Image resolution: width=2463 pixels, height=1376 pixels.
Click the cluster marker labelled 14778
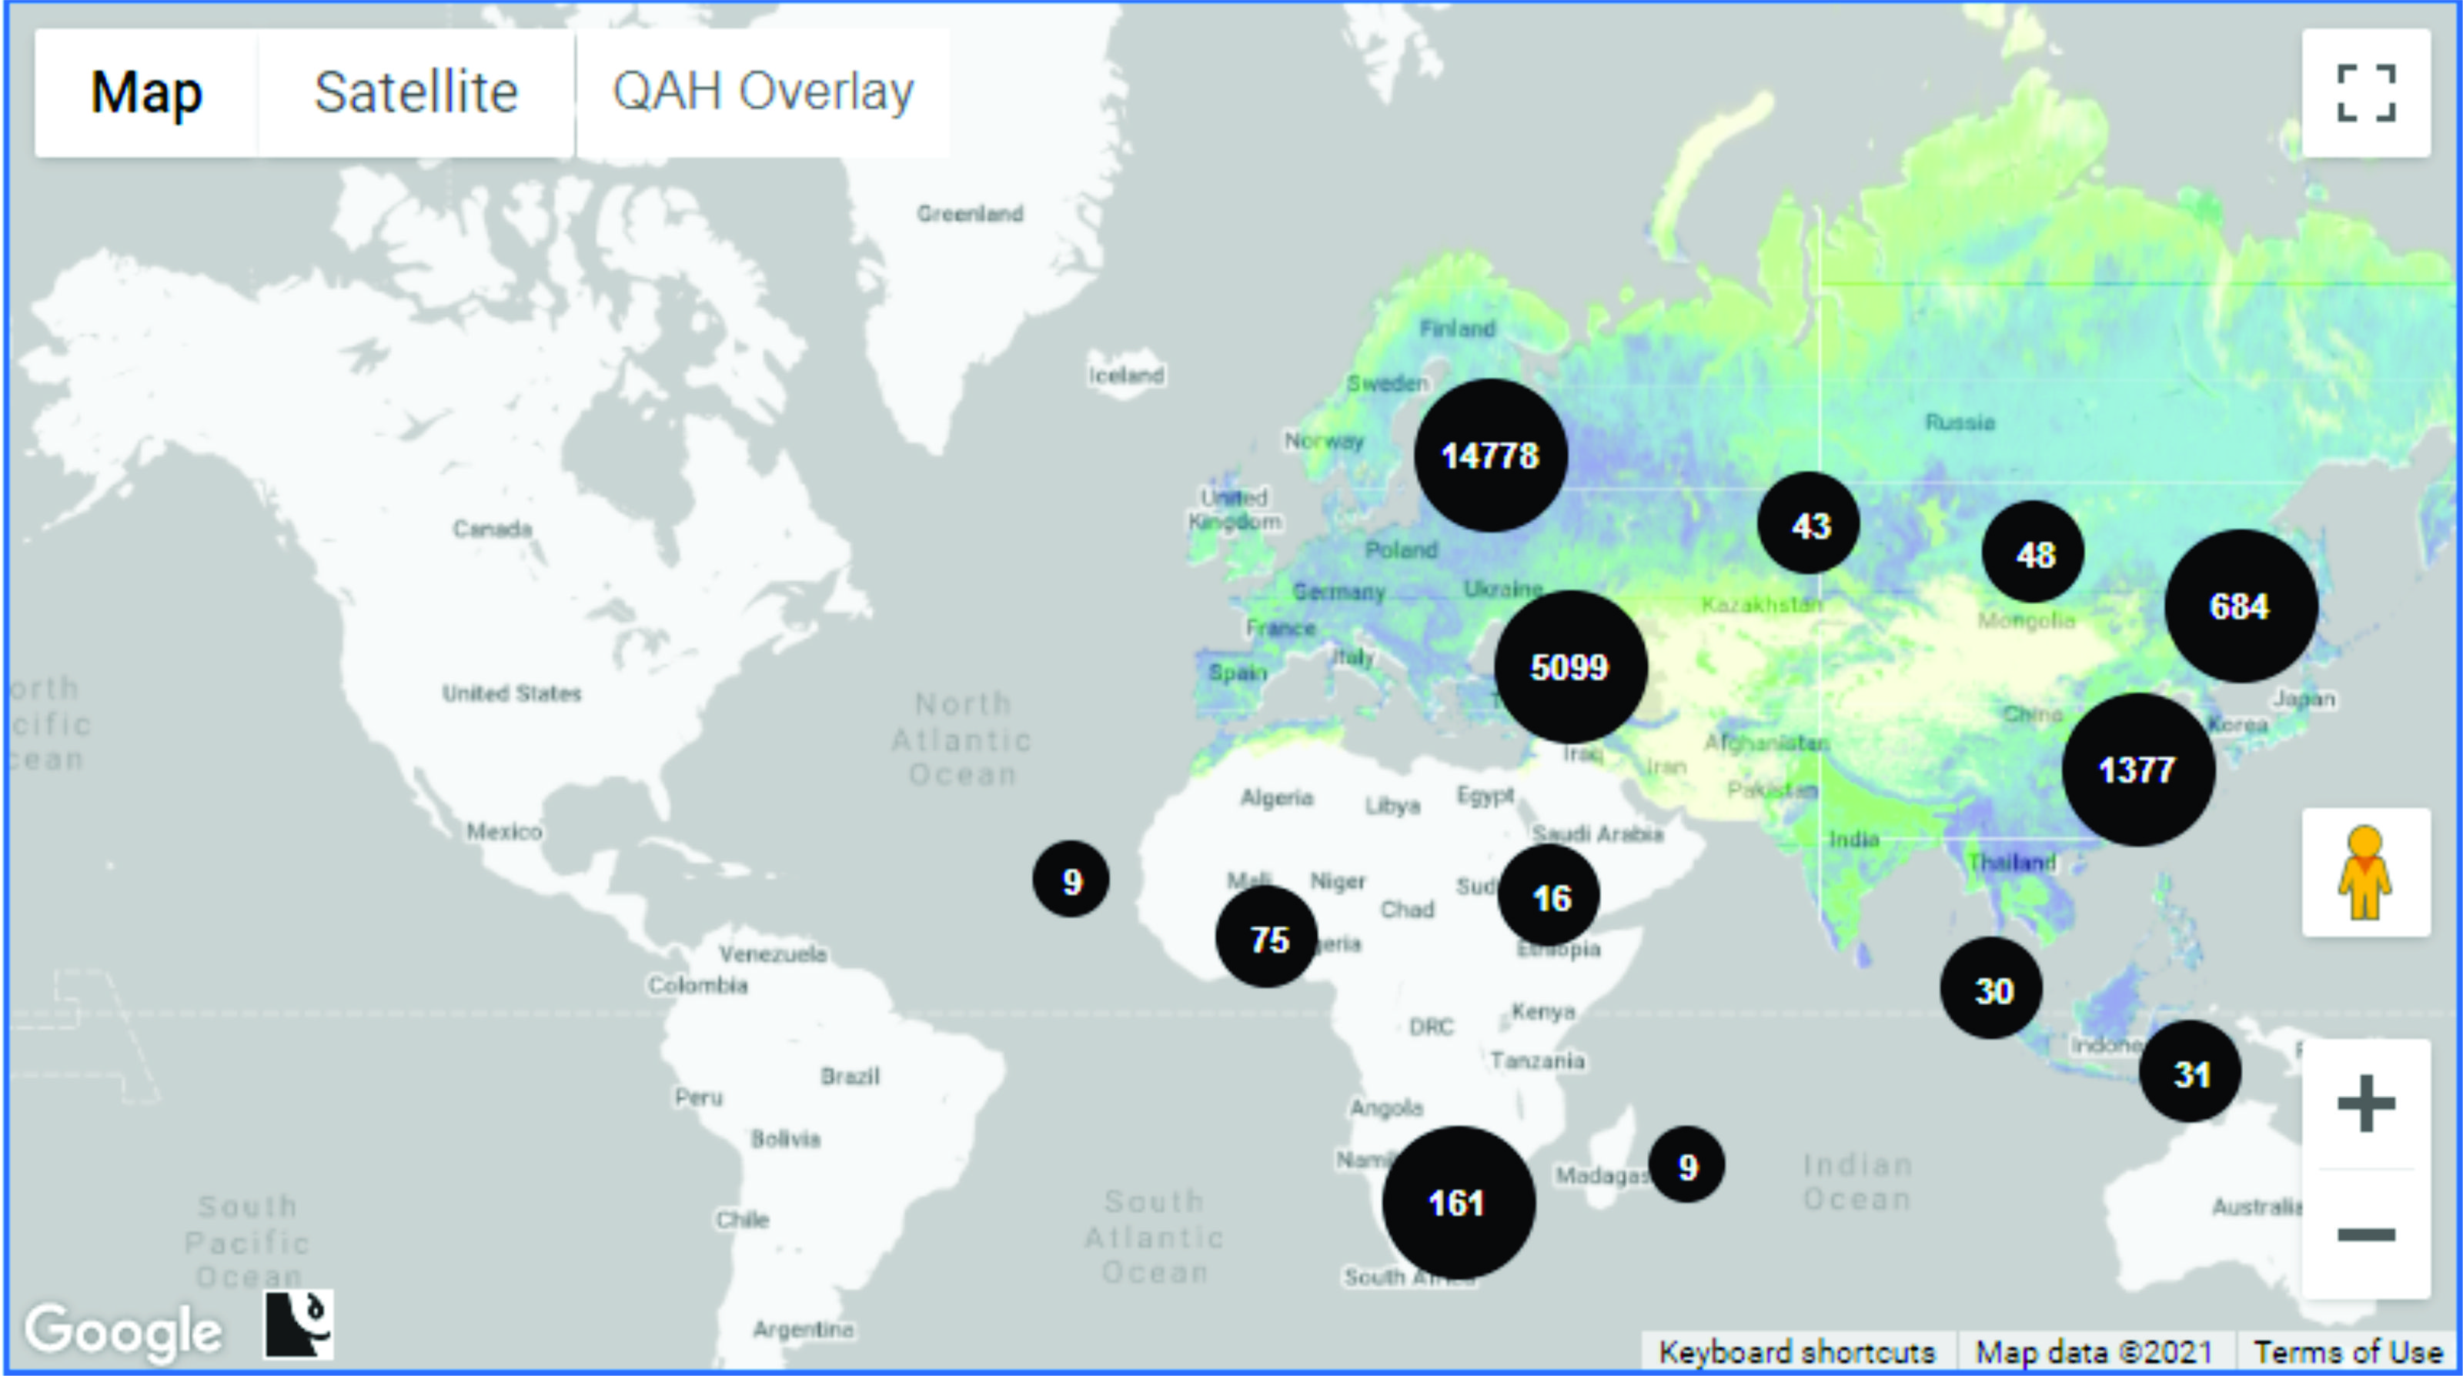point(1489,455)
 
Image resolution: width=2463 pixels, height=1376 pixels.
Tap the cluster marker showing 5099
point(1570,666)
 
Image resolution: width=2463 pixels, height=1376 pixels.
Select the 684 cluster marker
point(2241,606)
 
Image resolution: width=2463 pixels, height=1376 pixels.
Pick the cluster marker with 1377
point(2138,770)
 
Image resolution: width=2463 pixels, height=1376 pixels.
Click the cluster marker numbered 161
point(1458,1202)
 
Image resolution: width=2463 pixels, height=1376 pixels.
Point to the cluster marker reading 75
point(1267,938)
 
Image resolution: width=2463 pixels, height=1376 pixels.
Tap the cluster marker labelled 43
point(1809,524)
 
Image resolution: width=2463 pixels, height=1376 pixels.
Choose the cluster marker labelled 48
point(2034,553)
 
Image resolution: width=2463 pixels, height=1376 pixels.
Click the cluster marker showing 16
point(1549,896)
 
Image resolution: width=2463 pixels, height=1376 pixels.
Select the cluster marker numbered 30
point(1992,989)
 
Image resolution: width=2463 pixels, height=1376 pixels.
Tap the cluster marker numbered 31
point(2191,1072)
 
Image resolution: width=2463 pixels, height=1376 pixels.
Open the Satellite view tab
point(416,93)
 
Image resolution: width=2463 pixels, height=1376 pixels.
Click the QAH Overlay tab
point(763,93)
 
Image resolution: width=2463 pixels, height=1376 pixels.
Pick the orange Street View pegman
point(2365,872)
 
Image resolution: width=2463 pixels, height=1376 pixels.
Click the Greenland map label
point(970,213)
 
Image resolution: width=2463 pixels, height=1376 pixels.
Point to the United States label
point(512,693)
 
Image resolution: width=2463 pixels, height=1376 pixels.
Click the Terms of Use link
point(2348,1352)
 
